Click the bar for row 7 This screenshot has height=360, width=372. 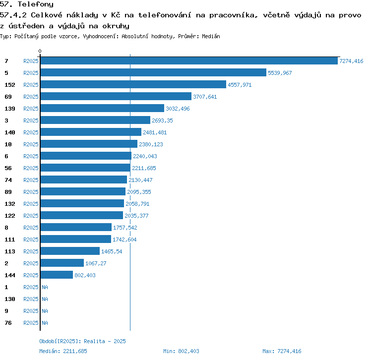pyautogui.click(x=189, y=61)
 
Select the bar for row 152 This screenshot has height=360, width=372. pyautogui.click(x=133, y=85)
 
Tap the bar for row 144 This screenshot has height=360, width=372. pyautogui.click(x=57, y=275)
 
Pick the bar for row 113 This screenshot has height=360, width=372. pyautogui.click(x=70, y=251)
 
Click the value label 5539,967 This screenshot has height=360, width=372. pyautogui.click(x=280, y=73)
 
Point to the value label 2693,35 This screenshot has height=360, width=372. pyautogui.click(x=162, y=120)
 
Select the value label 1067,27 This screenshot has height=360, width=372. pyautogui.click(x=96, y=263)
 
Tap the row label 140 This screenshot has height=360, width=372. pyautogui.click(x=9, y=132)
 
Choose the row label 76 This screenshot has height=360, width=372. pyautogui.click(x=8, y=323)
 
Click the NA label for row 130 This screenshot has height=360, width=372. pyautogui.click(x=45, y=299)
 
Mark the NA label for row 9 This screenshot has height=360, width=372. pyautogui.click(x=45, y=311)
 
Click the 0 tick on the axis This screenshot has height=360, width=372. pyautogui.click(x=40, y=52)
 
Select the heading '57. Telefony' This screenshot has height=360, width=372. pyautogui.click(x=26, y=4)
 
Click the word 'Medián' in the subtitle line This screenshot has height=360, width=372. pyautogui.click(x=211, y=36)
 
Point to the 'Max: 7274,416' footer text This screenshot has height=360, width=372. pyautogui.click(x=282, y=351)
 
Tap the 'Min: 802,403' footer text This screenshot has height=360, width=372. pyautogui.click(x=181, y=351)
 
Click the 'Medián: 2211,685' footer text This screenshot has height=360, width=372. pyautogui.click(x=63, y=351)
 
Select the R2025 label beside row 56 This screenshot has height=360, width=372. pyautogui.click(x=31, y=168)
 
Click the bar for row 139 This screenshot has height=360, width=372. pyautogui.click(x=102, y=109)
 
